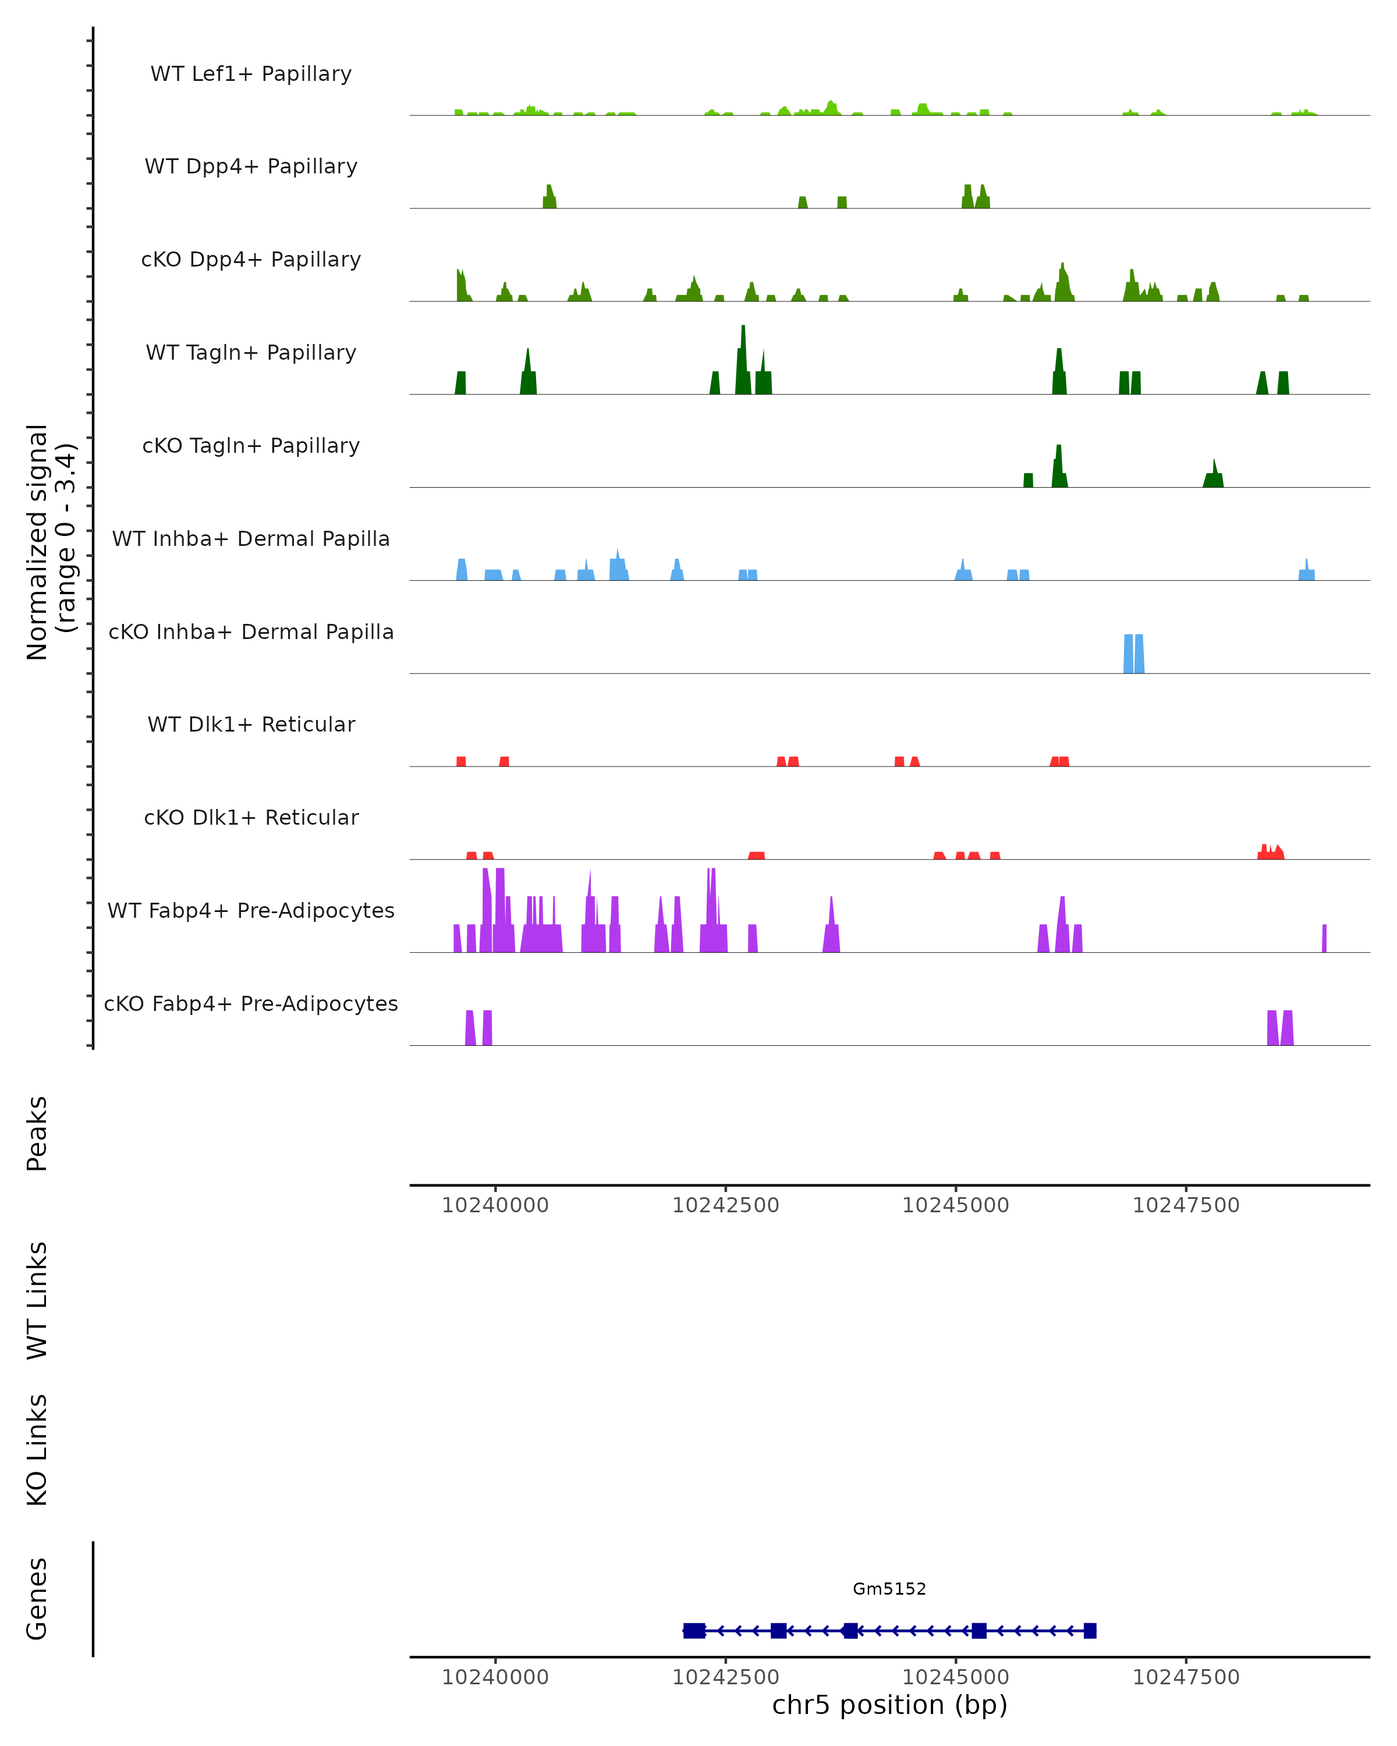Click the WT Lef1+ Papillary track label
click(x=251, y=74)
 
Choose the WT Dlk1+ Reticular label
click(x=251, y=724)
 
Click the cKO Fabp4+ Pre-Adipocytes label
click(x=251, y=1003)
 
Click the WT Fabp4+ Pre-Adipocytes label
click(x=251, y=910)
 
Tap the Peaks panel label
click(x=37, y=1133)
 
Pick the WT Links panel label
click(x=37, y=1300)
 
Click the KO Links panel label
click(x=37, y=1450)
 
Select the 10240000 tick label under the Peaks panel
click(x=495, y=1205)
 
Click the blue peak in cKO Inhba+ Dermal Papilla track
click(x=1134, y=654)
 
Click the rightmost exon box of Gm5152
click(x=1090, y=1630)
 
